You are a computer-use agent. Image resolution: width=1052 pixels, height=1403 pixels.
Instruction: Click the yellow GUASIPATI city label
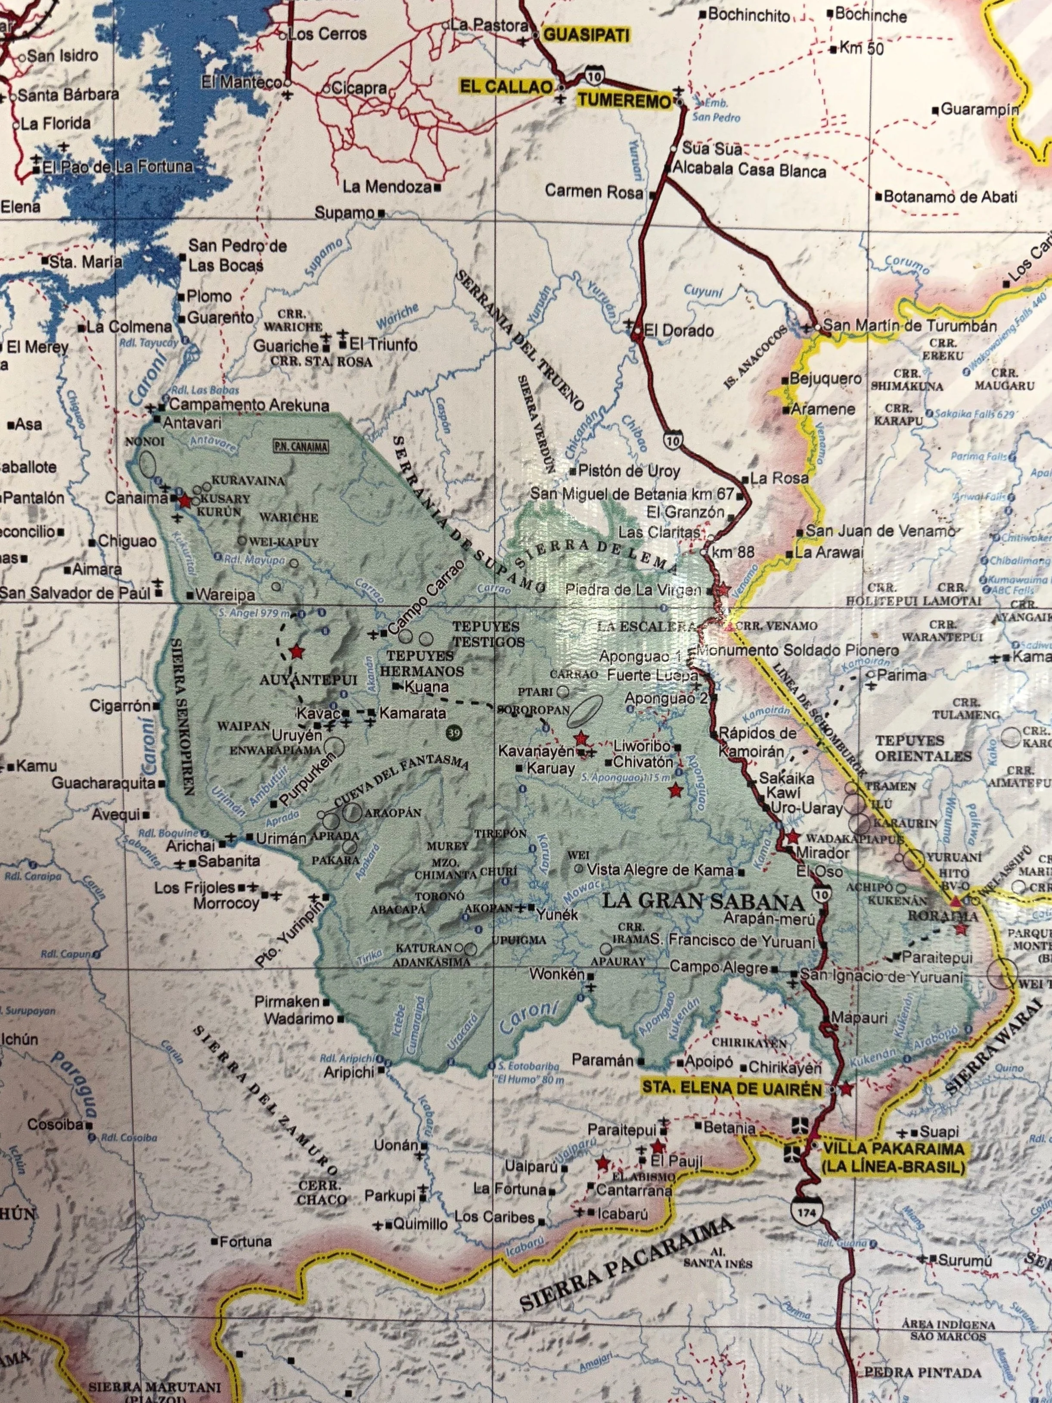(586, 35)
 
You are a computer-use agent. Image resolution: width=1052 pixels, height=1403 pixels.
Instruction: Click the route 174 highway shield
(804, 1210)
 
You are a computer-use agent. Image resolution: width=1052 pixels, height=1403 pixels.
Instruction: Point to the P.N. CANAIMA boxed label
(301, 447)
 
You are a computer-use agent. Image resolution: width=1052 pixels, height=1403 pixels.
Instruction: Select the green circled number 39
(453, 733)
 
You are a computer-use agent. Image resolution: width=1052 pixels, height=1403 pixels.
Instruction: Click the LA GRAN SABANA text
(703, 901)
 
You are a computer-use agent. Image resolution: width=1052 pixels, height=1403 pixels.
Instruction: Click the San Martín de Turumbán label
(910, 327)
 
